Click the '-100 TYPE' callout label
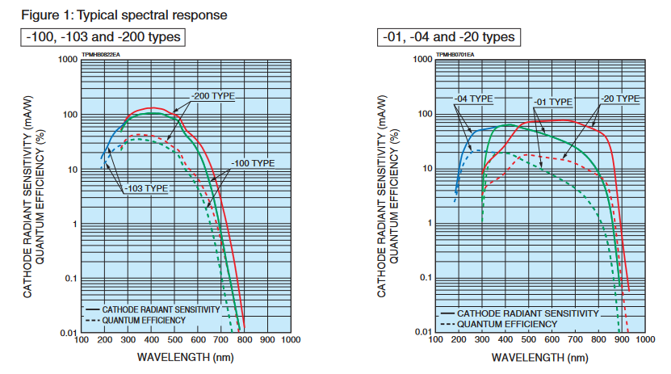tap(253, 163)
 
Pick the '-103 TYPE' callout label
tap(146, 188)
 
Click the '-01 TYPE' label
tap(552, 102)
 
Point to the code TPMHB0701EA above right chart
tap(455, 54)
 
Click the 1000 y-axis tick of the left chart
tap(67, 61)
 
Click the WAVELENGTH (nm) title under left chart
tap(185, 356)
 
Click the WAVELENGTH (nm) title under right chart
tap(539, 356)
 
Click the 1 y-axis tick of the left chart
tap(73, 224)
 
